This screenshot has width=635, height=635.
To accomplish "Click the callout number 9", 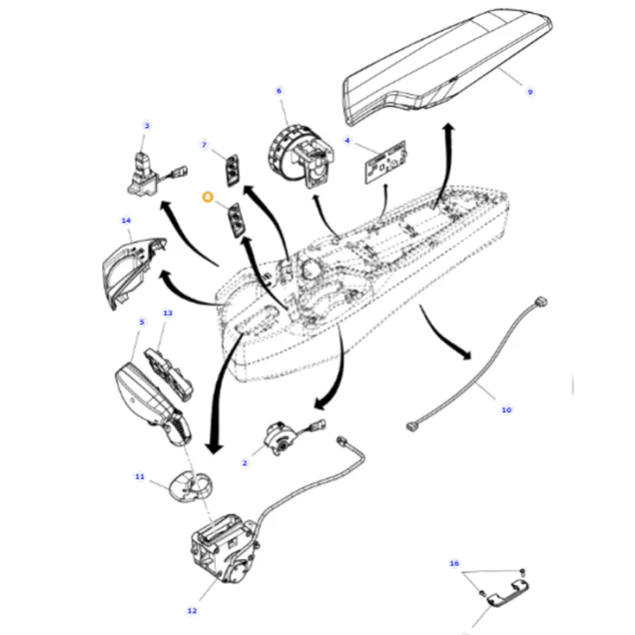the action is [530, 92].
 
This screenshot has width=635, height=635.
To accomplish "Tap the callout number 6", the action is [278, 91].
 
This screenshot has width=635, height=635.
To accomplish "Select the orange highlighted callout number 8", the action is [208, 197].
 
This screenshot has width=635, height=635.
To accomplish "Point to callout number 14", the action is [126, 220].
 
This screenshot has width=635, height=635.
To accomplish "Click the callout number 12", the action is [192, 611].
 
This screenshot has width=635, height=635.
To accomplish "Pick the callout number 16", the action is [454, 563].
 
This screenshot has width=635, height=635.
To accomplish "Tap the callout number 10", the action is [506, 410].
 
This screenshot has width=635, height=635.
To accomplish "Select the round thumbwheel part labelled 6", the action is [301, 155].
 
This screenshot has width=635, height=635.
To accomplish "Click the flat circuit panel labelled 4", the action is [386, 162].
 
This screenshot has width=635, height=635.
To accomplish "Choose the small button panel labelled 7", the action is [232, 171].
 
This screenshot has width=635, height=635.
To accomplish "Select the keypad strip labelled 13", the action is [169, 374].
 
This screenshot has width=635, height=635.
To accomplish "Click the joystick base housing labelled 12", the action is [225, 549].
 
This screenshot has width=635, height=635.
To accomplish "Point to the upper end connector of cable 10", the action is [541, 302].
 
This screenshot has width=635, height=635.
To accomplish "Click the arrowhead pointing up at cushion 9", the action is [448, 127].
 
